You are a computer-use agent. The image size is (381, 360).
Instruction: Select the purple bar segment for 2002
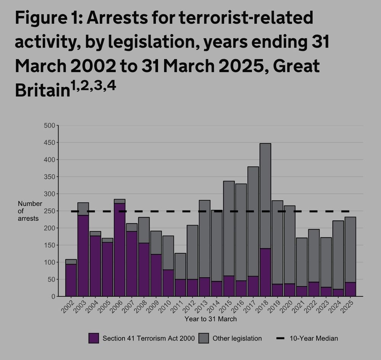[x=71, y=280]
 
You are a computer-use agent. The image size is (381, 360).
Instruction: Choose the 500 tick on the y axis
[x=50, y=125]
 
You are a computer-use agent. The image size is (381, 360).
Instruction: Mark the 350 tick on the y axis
[x=50, y=177]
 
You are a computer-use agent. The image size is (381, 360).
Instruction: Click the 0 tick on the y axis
[x=53, y=296]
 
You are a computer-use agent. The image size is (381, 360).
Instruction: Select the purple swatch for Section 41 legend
[x=94, y=338]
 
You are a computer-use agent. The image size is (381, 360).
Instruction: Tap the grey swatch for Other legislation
[x=203, y=338]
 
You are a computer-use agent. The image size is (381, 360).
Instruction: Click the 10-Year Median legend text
[x=314, y=338]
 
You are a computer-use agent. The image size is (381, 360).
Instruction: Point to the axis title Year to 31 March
[x=210, y=319]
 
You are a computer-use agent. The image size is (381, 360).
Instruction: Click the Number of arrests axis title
[x=30, y=211]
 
